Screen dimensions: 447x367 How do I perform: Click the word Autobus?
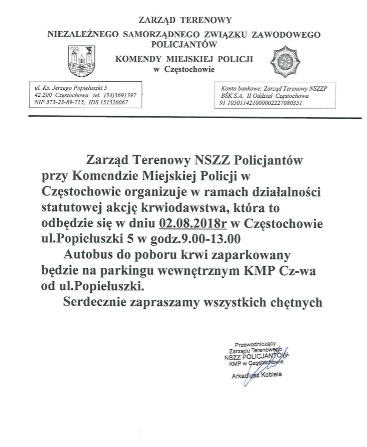pos(87,255)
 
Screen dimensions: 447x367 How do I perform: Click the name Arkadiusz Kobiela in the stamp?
pos(257,376)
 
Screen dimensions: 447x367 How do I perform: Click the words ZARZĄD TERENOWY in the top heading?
pos(185,20)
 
